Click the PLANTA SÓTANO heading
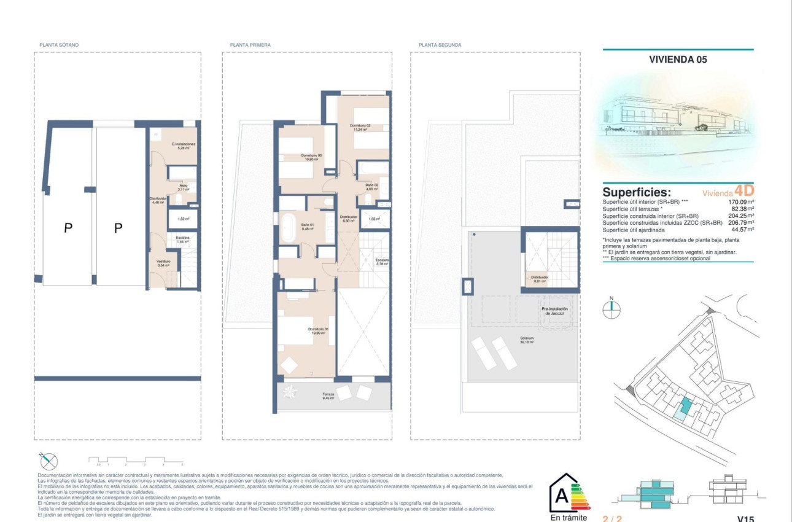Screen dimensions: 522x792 (x=59, y=45)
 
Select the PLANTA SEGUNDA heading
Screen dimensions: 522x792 (x=440, y=45)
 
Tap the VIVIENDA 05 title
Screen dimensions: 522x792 (x=678, y=60)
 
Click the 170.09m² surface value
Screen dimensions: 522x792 (x=741, y=201)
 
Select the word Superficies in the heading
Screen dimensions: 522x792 (x=637, y=192)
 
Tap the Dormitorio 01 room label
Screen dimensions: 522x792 (x=319, y=330)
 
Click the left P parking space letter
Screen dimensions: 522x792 (x=69, y=228)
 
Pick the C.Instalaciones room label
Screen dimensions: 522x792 (x=183, y=146)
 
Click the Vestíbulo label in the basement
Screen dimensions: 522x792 (x=163, y=263)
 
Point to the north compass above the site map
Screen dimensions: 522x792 (x=611, y=309)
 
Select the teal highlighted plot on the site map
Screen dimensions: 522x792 (x=685, y=405)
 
